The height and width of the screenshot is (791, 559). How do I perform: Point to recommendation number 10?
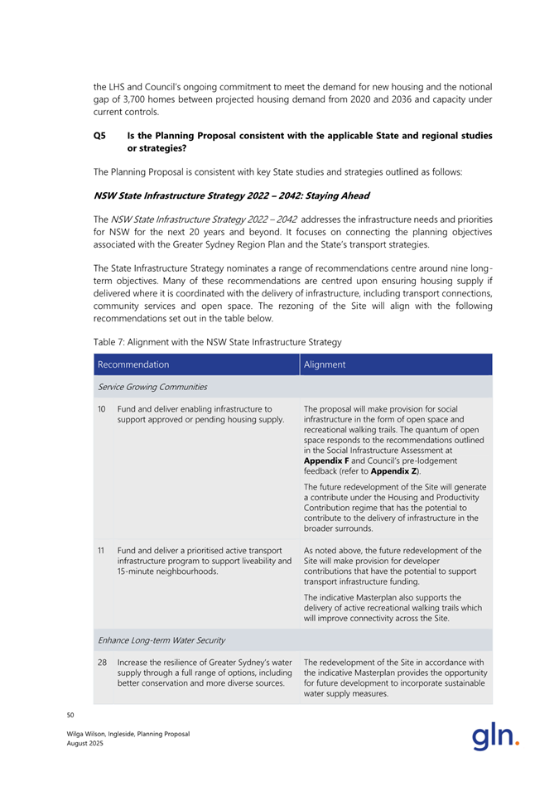tap(103, 408)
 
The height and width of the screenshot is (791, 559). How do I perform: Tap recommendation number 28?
tap(103, 662)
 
